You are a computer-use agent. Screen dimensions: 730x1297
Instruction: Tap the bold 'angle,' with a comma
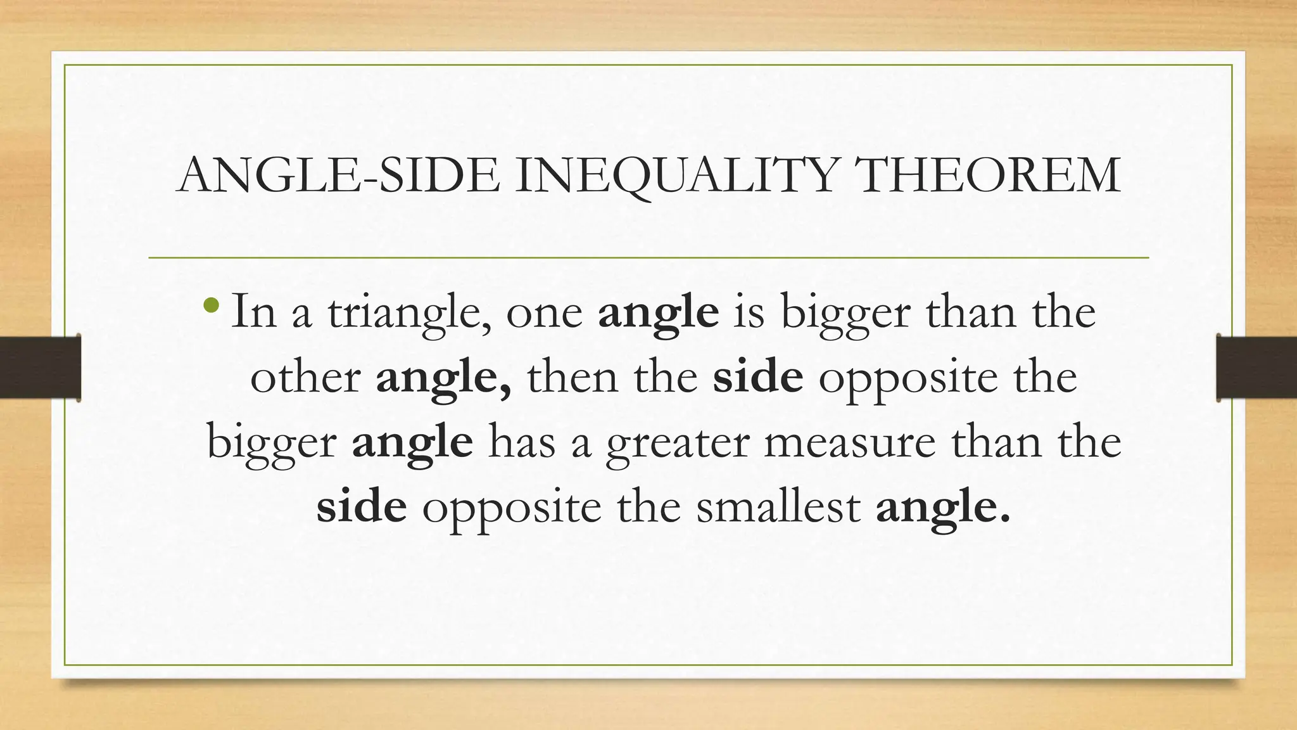[443, 378]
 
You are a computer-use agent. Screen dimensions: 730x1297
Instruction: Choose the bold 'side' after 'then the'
[757, 378]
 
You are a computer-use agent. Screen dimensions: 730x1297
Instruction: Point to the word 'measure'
[849, 443]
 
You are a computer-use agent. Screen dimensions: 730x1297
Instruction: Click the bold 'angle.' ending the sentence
[942, 509]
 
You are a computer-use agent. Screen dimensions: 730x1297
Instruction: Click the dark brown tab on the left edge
[40, 368]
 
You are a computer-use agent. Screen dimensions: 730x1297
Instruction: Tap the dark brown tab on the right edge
[1256, 368]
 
